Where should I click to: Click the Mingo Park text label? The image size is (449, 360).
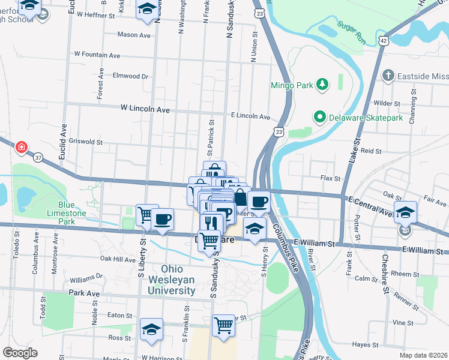[x=292, y=85]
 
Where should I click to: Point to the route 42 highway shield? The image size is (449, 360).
[x=383, y=40]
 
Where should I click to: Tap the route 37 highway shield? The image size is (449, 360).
[x=39, y=157]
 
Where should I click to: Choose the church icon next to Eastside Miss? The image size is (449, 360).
[x=388, y=76]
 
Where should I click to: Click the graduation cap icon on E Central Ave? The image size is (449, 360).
[x=406, y=212]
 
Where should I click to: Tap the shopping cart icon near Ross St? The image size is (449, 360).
[x=223, y=326]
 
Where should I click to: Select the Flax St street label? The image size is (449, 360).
[x=330, y=178]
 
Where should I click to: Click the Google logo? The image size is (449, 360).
[x=20, y=352]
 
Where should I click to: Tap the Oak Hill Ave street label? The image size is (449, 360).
[x=118, y=259]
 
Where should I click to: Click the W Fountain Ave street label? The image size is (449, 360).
[x=97, y=54]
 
